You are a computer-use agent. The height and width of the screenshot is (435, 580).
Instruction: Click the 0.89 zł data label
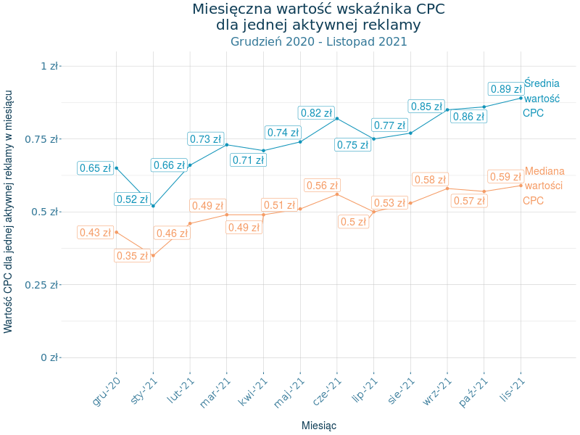pos(506,89)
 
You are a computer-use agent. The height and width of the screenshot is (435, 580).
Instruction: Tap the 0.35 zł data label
pos(132,256)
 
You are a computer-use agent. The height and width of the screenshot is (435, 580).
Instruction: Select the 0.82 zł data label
pos(316,113)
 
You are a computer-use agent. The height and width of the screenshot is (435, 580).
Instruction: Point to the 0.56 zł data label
pos(322,186)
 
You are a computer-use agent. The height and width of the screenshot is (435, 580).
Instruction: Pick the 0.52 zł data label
pos(132,199)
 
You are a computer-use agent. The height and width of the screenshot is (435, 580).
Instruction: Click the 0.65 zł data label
pos(95,168)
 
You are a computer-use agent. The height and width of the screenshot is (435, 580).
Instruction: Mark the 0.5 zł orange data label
pos(353,223)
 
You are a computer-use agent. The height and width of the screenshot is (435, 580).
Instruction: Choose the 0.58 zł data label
pos(430,180)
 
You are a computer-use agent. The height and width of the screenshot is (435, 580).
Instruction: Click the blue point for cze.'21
pos(337,118)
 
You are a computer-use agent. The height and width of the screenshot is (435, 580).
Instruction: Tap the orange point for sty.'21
pos(153,255)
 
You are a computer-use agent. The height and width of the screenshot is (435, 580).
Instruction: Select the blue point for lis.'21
pos(521,98)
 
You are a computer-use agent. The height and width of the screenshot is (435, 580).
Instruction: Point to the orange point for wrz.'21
pos(447,188)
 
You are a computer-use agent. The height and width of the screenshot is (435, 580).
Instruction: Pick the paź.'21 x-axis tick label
pos(473,392)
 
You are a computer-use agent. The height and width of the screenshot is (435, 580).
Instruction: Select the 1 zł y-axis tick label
pos(49,66)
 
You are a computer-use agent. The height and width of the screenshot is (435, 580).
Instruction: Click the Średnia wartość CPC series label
pos(541,98)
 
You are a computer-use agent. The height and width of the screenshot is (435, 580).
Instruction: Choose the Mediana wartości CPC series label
pos(544,186)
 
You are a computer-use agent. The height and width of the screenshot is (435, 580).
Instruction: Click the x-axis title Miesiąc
pos(318,426)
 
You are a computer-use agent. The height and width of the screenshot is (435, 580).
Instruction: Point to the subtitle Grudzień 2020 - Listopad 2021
pos(318,41)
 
